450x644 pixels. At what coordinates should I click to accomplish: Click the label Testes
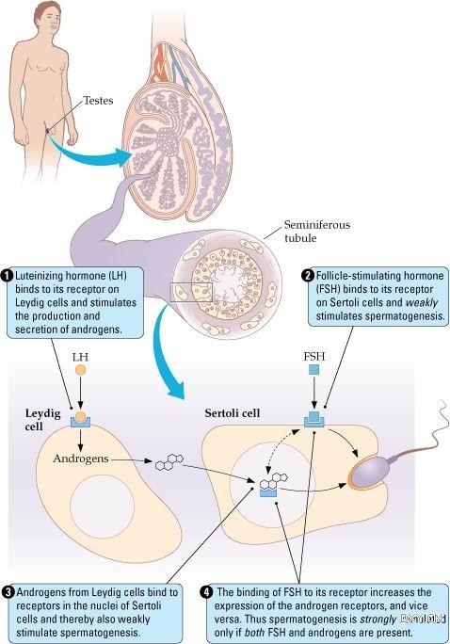[x=98, y=101]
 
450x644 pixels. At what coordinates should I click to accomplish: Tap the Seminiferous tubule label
[x=317, y=232]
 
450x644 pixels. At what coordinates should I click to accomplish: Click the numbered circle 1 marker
[x=8, y=276]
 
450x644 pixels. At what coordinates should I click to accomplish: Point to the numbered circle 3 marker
[x=8, y=592]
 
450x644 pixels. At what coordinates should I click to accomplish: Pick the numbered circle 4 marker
[x=207, y=592]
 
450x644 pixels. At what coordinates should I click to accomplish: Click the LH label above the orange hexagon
[x=80, y=357]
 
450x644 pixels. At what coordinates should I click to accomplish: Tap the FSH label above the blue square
[x=314, y=356]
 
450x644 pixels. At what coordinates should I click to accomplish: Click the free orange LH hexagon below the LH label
[x=80, y=370]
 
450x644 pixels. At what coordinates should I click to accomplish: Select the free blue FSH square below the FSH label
[x=313, y=370]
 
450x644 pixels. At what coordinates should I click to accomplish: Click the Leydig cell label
[x=42, y=419]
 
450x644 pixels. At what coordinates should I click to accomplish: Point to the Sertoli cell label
[x=233, y=412]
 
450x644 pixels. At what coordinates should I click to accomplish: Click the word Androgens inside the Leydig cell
[x=81, y=459]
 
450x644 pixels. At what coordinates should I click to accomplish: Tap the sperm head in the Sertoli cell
[x=369, y=469]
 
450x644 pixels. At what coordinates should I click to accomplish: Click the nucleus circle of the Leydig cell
[x=103, y=506]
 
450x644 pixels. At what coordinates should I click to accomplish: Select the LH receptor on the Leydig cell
[x=80, y=423]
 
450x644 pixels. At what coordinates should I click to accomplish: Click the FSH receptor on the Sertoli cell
[x=314, y=422]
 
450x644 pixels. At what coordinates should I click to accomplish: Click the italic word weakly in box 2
[x=421, y=302]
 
